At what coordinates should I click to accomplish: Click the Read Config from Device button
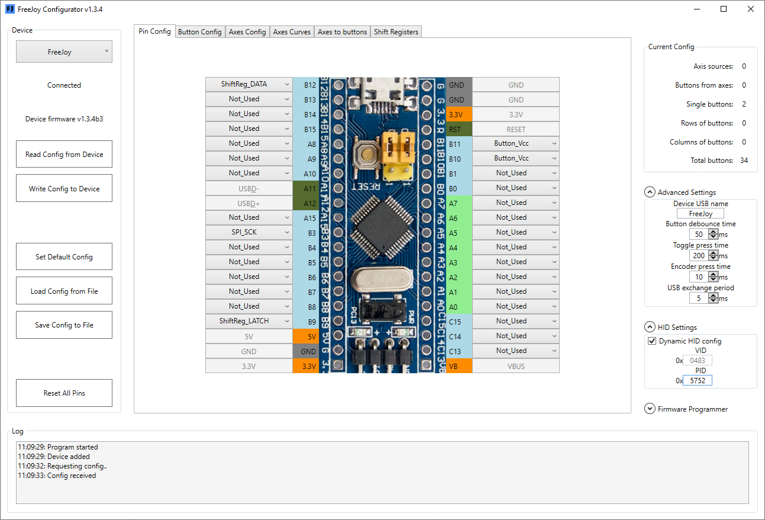click(x=64, y=154)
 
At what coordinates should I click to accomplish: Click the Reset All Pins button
click(x=64, y=393)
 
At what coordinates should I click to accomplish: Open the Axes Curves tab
click(x=292, y=32)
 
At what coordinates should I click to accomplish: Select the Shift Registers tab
click(x=396, y=32)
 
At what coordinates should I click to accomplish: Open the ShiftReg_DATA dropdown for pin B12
click(x=249, y=84)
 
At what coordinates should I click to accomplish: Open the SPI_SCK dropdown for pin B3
click(x=249, y=232)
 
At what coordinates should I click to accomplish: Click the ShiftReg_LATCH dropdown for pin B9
click(x=249, y=321)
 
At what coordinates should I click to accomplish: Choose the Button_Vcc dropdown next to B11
click(x=516, y=143)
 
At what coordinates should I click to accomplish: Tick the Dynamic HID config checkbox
click(x=652, y=341)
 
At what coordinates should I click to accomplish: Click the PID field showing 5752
click(x=698, y=380)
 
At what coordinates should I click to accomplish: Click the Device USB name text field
click(x=701, y=214)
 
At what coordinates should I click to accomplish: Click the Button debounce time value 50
click(x=698, y=234)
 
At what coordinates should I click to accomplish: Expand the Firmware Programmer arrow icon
click(x=650, y=409)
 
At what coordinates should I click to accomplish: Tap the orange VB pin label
click(x=459, y=366)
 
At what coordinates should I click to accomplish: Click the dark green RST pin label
click(x=459, y=129)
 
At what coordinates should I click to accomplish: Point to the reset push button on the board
click(x=367, y=155)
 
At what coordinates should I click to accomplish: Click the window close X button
click(x=751, y=9)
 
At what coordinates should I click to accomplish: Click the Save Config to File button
click(x=64, y=325)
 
